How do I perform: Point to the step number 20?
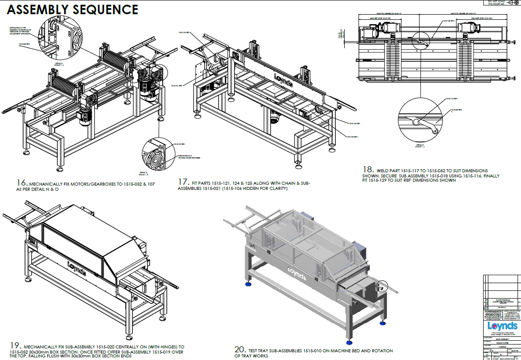point(240,350)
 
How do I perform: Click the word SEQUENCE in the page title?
point(107,9)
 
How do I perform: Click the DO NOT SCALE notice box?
point(495,3)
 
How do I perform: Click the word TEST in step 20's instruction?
point(254,351)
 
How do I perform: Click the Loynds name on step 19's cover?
point(77,267)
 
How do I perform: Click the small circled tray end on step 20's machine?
point(381,286)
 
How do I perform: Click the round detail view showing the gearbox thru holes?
point(156,156)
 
